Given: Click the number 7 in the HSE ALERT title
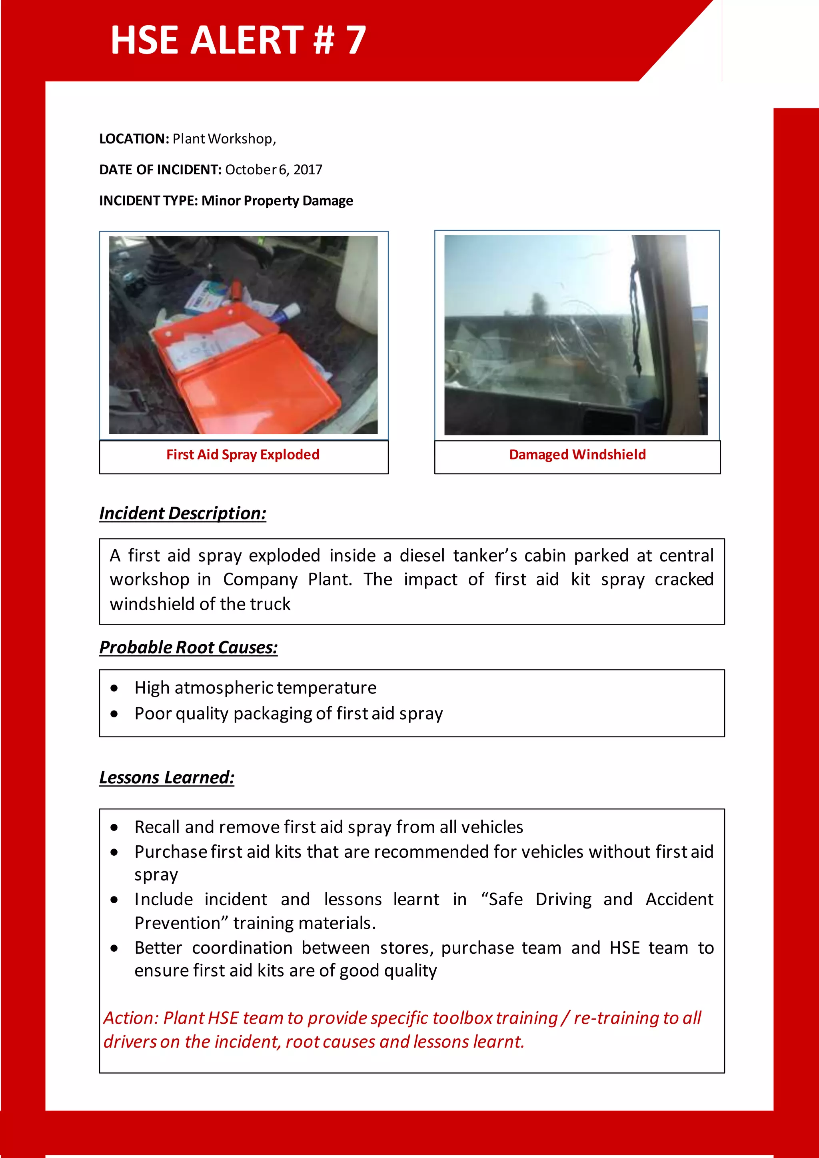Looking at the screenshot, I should pos(356,40).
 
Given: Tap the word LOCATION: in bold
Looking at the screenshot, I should pos(134,139).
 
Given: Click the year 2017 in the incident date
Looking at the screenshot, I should pos(308,170).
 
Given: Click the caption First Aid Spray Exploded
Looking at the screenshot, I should pos(243,454).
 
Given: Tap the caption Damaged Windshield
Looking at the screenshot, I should pos(577,454).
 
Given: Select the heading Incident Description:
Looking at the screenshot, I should pos(183,513).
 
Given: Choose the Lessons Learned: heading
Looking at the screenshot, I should pos(166,777).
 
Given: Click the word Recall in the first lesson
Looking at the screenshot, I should pos(157,827).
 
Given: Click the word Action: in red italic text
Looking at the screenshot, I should pos(131,1018).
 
